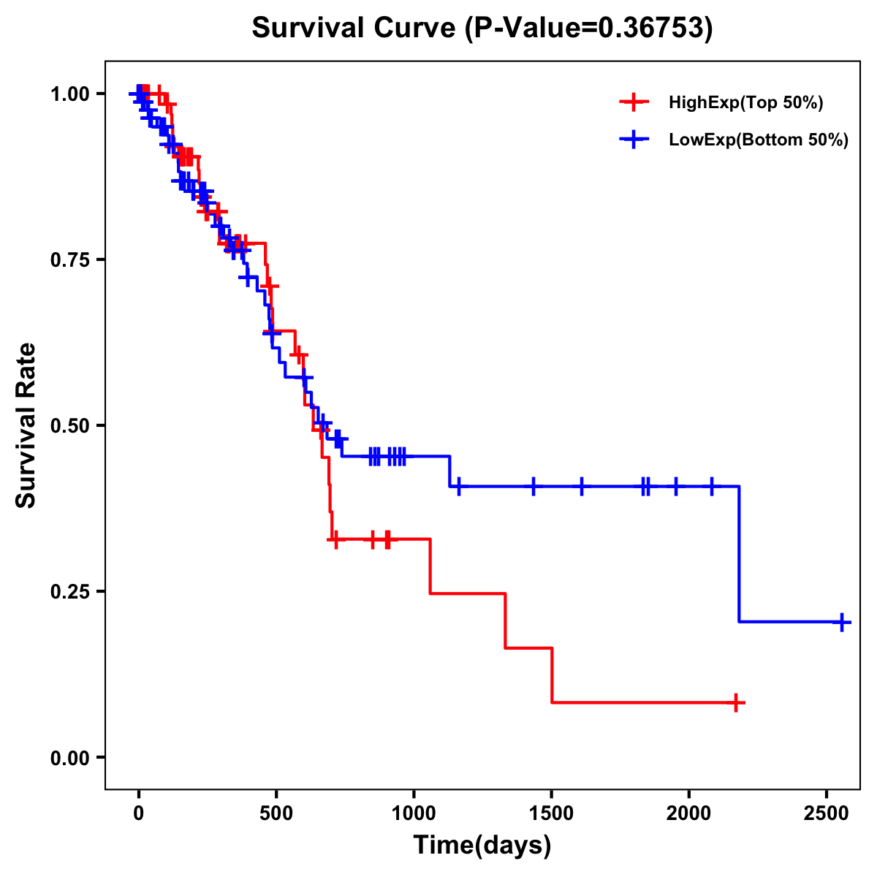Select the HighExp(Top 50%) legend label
[x=745, y=103]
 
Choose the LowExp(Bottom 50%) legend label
[x=759, y=140]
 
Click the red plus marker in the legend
[x=634, y=102]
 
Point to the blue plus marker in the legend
[x=634, y=139]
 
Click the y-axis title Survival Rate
[x=26, y=425]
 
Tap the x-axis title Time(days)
[x=482, y=846]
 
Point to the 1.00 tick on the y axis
[x=69, y=94]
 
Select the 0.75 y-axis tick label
[x=69, y=260]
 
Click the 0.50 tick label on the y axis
[x=69, y=426]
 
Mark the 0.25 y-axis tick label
[x=69, y=592]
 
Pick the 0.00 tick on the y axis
[x=69, y=758]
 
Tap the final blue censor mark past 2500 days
[x=842, y=622]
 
